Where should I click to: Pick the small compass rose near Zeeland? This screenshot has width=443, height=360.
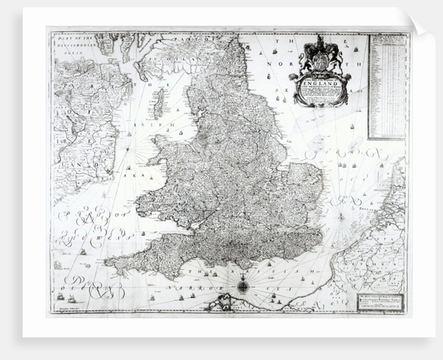pos(342,217)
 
